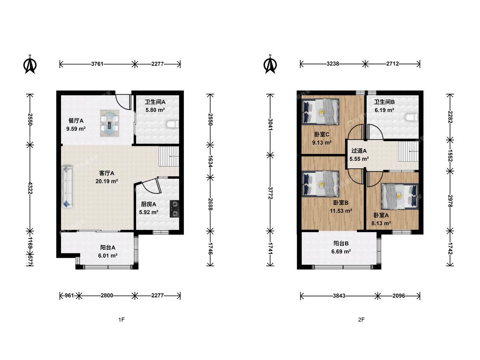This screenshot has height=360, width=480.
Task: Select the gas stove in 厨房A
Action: point(175,209)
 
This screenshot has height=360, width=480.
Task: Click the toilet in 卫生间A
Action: point(173,124)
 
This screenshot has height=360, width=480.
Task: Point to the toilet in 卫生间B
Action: point(411,117)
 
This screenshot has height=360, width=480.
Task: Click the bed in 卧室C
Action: point(320,111)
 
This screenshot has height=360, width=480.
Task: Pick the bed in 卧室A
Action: point(399,196)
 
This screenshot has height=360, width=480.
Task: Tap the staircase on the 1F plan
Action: point(169,156)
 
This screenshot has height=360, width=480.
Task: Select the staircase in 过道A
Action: point(408,151)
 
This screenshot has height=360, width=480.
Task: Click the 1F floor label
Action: point(122,319)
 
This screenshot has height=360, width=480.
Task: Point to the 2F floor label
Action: point(361,319)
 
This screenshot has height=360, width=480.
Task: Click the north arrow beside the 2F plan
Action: point(271,64)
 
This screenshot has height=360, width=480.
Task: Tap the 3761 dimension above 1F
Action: point(97,64)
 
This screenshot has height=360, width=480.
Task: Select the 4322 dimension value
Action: point(30,188)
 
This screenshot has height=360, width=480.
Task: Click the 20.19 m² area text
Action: point(107,181)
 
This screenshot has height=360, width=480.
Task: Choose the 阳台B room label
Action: point(341,244)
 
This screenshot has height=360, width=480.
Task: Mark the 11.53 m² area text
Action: point(341,211)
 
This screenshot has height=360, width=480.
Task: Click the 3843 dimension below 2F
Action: point(339,296)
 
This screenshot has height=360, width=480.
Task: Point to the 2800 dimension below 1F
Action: point(107,296)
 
